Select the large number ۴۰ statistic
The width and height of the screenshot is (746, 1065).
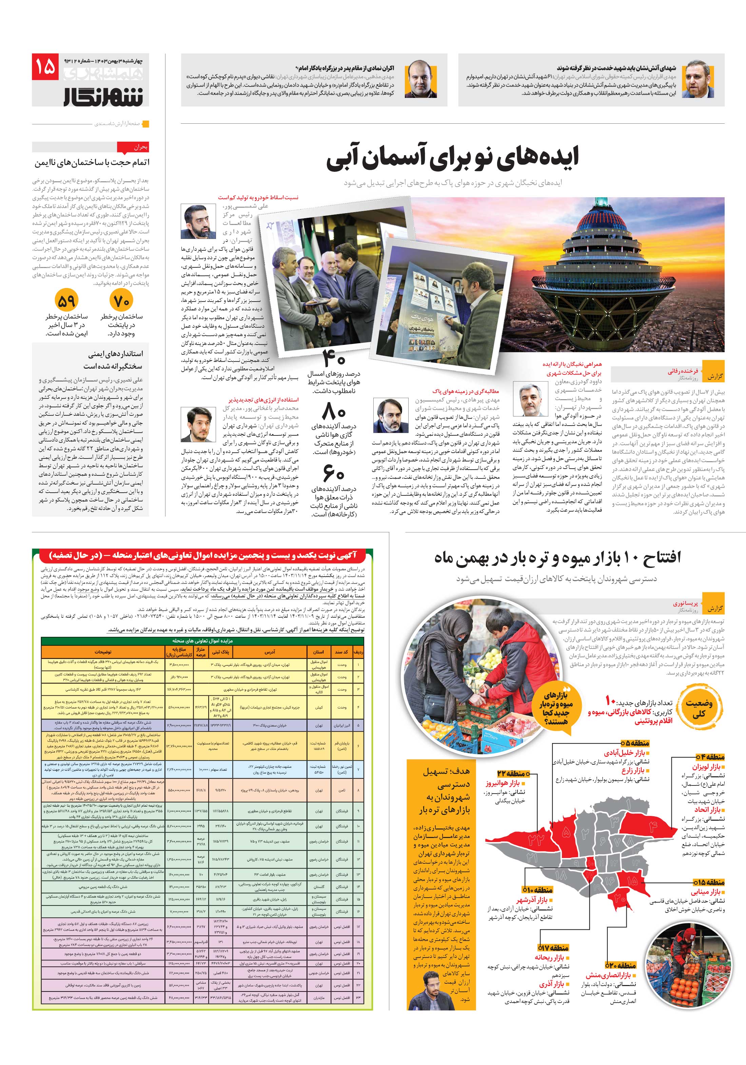click(x=334, y=358)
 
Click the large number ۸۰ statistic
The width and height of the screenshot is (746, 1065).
click(x=334, y=412)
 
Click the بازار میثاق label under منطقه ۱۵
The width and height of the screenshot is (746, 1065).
click(x=707, y=892)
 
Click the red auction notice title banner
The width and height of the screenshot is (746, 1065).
click(x=203, y=555)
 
